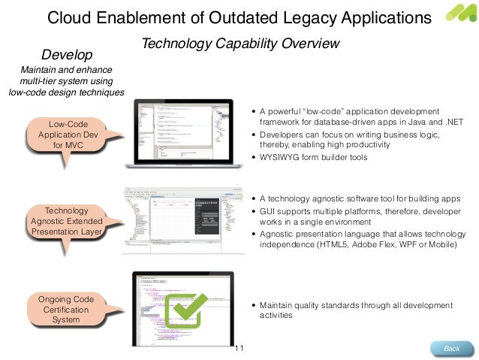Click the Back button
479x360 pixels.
point(452,348)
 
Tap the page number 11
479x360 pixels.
point(240,349)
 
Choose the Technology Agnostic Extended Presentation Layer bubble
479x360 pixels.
point(67,221)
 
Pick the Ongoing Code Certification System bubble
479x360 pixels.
point(66,310)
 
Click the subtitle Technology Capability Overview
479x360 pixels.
point(240,44)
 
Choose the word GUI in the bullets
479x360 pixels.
point(269,211)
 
